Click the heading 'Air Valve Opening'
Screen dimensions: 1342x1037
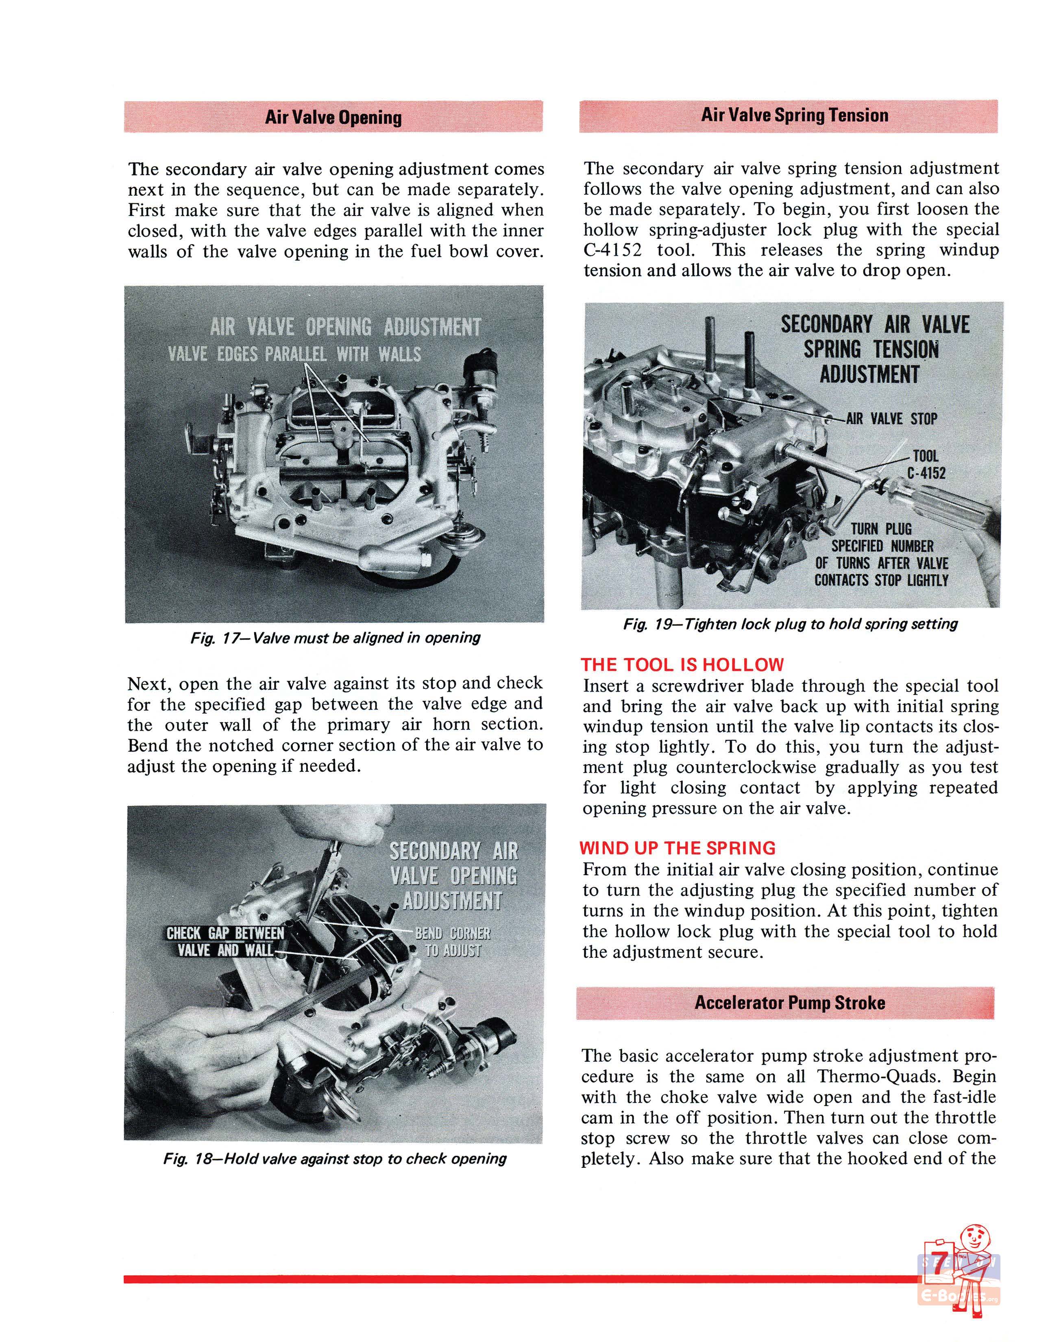tap(333, 118)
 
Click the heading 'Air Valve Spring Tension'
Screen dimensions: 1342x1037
tap(794, 115)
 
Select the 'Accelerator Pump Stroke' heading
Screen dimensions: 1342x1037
tap(789, 1003)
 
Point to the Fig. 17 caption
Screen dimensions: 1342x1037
tap(335, 638)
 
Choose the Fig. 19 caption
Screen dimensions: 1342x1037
tap(790, 624)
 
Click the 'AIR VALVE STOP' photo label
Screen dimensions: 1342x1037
tap(891, 419)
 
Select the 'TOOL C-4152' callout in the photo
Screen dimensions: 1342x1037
tap(926, 464)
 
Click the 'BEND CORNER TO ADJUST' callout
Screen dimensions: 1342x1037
tap(453, 941)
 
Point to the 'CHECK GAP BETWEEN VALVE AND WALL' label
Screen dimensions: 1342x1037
tap(225, 941)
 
